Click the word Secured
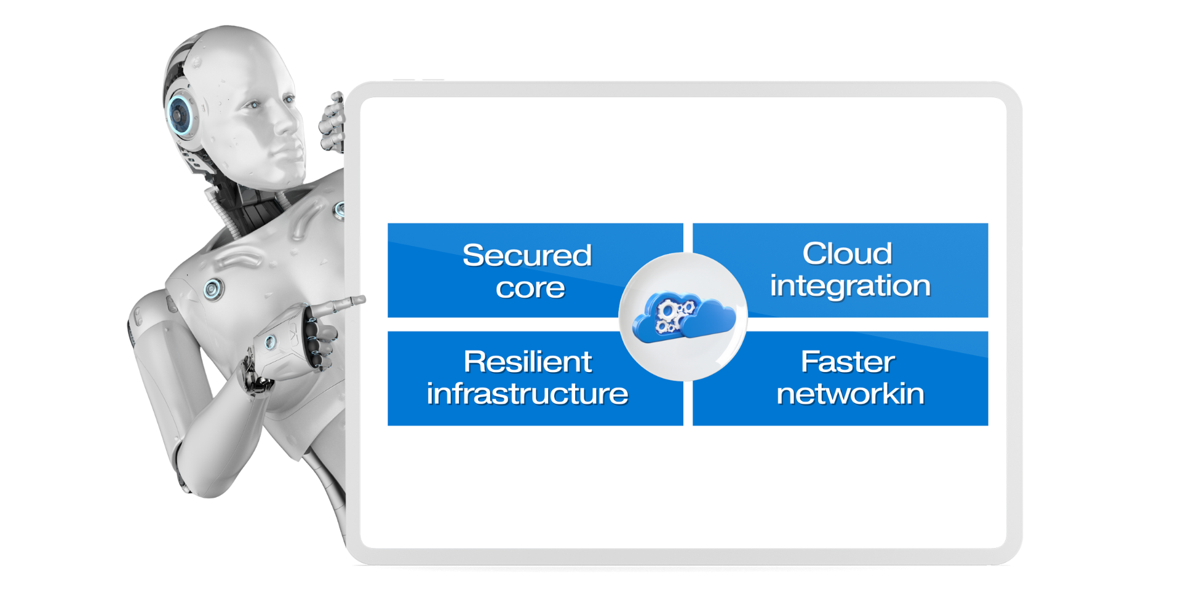(527, 255)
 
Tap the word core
(530, 288)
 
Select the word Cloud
(847, 253)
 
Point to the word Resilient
(528, 362)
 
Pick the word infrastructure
(527, 394)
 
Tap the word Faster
(848, 362)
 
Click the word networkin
(850, 394)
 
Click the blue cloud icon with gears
(683, 317)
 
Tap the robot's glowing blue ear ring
(180, 114)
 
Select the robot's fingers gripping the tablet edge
(332, 123)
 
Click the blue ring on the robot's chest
(213, 288)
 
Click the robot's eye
(253, 106)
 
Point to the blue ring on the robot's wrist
(270, 342)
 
